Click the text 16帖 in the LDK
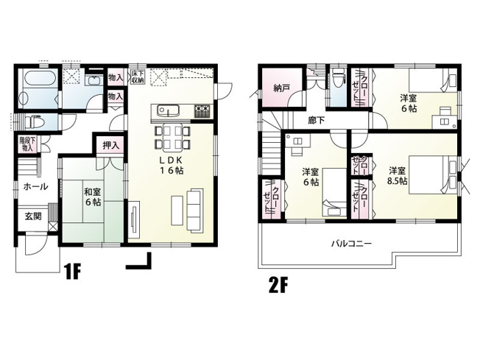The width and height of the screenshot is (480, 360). [174, 170]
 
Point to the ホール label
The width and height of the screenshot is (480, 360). [36, 186]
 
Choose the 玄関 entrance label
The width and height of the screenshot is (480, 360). [33, 216]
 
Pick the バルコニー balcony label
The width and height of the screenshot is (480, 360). [350, 242]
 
